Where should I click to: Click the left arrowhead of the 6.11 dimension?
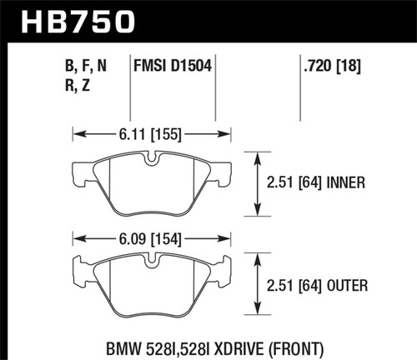pos(76,132)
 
